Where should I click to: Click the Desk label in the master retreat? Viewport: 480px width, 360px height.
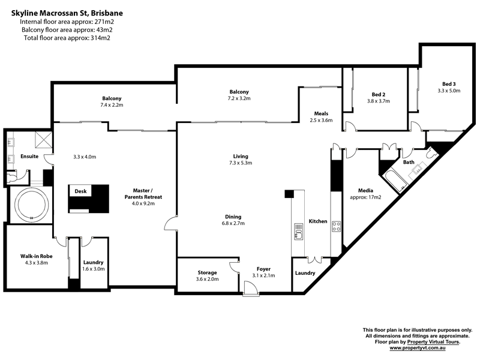(80, 191)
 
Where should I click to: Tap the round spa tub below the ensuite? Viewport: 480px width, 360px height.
(32, 204)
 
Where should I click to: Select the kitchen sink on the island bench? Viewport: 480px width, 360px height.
(298, 232)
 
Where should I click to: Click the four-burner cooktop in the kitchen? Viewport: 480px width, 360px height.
(336, 227)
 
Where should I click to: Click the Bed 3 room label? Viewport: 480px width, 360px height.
(449, 84)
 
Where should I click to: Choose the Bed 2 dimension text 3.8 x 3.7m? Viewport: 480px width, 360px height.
(379, 101)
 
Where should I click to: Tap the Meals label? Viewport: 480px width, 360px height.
(321, 113)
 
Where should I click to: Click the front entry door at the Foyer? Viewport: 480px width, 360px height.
(251, 289)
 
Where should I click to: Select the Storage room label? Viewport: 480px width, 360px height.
(207, 272)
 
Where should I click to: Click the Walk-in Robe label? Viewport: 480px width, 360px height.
(37, 256)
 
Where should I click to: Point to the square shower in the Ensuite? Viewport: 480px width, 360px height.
(43, 140)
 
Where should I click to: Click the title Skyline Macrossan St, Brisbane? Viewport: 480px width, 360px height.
(67, 13)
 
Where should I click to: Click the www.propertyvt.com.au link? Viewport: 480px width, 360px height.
(417, 348)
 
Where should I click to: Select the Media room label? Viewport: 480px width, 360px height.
(365, 190)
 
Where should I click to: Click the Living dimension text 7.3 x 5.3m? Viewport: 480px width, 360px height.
(241, 163)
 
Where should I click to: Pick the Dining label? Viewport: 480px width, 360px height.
(233, 217)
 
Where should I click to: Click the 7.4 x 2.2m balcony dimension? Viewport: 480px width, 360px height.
(112, 105)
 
